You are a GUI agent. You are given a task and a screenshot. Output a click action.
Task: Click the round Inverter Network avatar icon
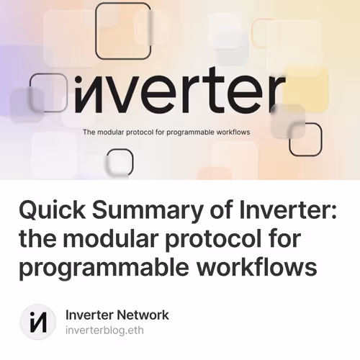(37, 321)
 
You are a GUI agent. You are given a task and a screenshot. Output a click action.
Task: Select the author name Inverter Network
(117, 315)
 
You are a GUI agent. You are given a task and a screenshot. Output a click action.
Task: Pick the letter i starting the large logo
(78, 92)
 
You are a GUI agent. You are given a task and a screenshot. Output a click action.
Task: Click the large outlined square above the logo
(123, 31)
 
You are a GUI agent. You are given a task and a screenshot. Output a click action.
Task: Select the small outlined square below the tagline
(120, 161)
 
